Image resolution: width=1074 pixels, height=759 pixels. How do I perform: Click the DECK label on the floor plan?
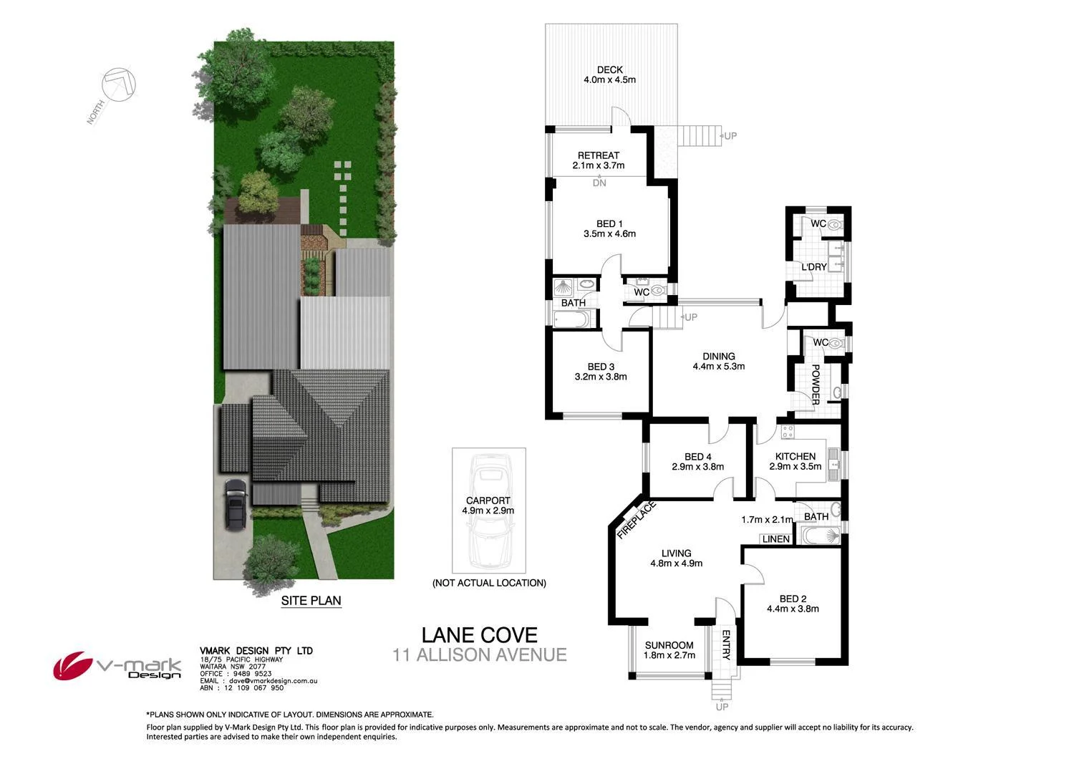coord(609,69)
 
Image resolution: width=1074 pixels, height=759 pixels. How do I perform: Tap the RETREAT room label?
coord(598,155)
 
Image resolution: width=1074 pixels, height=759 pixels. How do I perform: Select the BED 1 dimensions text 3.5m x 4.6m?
coord(609,233)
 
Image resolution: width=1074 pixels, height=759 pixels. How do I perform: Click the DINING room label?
coord(718,356)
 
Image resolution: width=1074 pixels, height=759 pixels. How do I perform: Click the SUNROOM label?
coord(669,645)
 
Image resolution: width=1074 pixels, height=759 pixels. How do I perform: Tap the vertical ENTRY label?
coord(725,644)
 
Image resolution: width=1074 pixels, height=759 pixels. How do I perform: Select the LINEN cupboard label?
coord(775,539)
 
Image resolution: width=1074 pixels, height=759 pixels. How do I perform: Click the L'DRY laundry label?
coord(814,267)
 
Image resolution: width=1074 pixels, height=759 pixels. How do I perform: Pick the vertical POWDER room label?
coord(815,385)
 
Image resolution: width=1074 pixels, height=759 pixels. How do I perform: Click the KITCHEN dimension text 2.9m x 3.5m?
coord(795,466)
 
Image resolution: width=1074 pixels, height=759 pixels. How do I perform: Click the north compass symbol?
coord(118,84)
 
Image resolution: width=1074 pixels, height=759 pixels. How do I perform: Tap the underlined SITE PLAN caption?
coord(311,601)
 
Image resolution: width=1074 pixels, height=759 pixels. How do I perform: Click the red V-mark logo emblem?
coord(72,666)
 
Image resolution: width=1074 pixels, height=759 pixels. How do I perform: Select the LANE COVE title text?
coord(479,635)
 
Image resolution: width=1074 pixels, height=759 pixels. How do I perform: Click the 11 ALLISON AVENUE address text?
coord(479,654)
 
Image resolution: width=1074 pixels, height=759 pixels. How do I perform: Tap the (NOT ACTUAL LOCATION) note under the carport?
coord(489,583)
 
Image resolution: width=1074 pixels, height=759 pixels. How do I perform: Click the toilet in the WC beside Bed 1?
coord(658,291)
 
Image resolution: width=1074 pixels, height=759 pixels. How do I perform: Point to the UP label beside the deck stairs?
coord(730,136)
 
